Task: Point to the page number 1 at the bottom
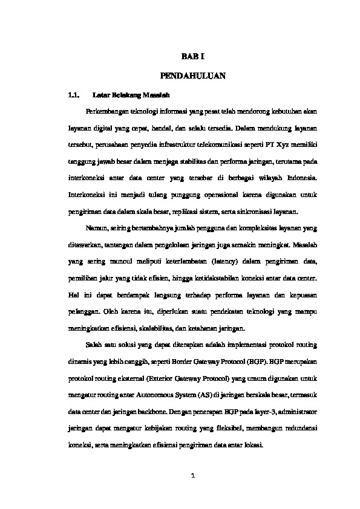(x=193, y=476)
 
